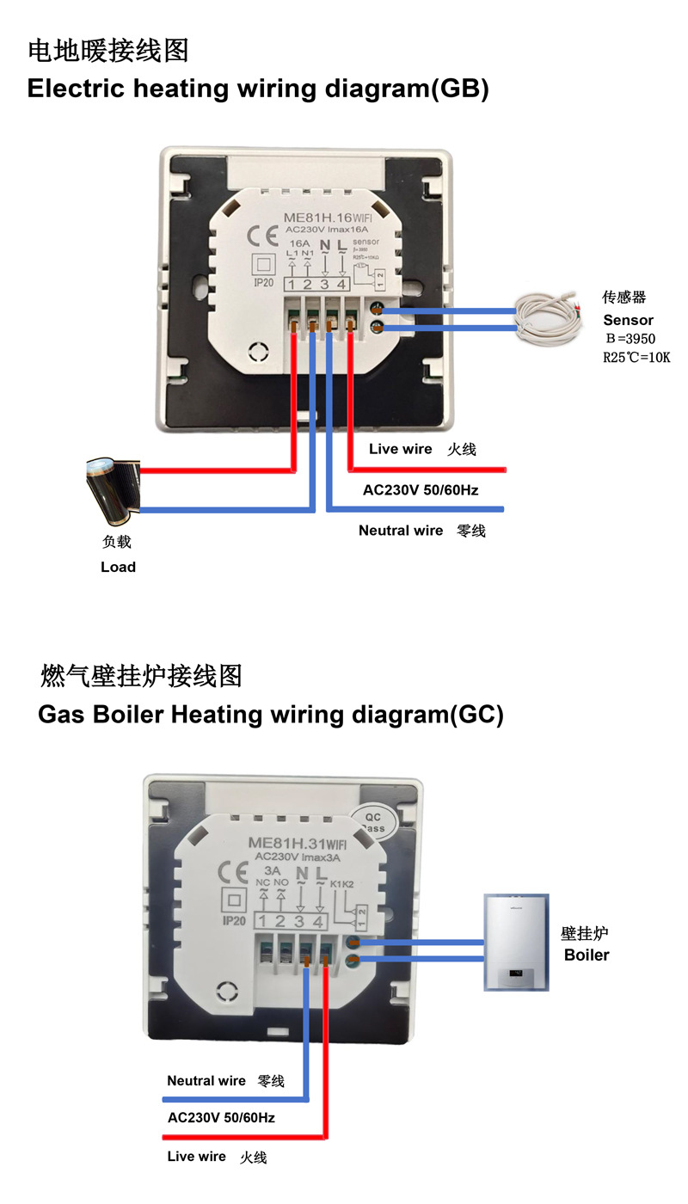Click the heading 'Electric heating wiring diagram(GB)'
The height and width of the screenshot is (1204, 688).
tap(258, 89)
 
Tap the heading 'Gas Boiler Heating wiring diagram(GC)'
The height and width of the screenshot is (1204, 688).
tap(270, 715)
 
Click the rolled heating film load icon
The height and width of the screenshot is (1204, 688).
tap(110, 489)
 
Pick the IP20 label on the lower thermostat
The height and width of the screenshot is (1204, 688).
tap(234, 921)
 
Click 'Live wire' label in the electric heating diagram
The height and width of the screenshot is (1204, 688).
tap(400, 449)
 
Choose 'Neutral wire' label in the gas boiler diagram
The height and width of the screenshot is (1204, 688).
tap(206, 1081)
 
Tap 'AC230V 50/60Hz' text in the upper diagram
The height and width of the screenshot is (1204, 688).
tap(421, 490)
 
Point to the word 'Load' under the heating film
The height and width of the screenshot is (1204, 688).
tap(118, 567)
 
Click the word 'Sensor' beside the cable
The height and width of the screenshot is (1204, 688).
tap(628, 320)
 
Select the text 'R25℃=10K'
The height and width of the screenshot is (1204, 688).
tap(636, 357)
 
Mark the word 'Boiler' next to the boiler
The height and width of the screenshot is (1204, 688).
tap(586, 955)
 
